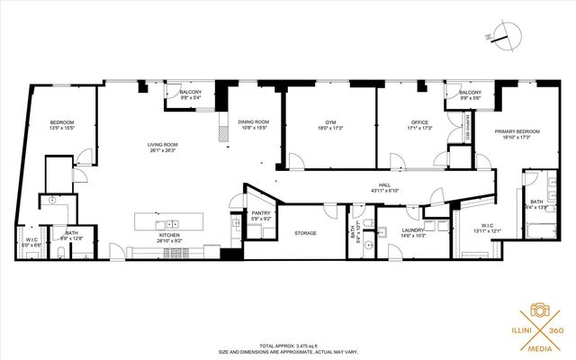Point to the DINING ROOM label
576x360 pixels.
[x=254, y=122]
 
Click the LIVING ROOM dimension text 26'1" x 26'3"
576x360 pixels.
[x=163, y=151]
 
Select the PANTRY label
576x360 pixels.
[x=261, y=212]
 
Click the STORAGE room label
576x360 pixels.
[x=305, y=233]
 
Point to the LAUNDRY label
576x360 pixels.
[x=388, y=230]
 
